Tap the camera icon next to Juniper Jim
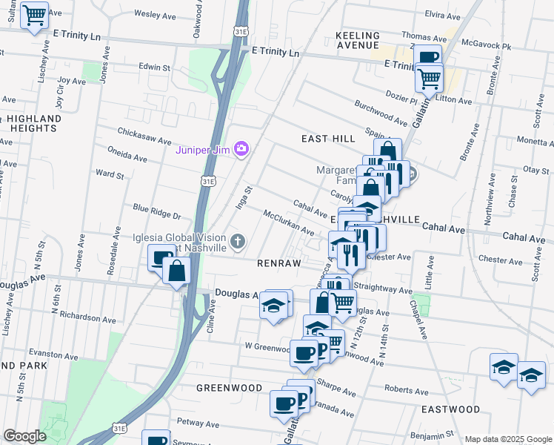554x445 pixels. click(241, 150)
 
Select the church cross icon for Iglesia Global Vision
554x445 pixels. click(238, 241)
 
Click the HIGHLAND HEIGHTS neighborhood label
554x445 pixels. click(34, 123)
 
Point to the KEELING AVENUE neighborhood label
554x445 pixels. click(358, 40)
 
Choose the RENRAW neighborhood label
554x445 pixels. click(278, 263)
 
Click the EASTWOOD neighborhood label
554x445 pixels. click(450, 409)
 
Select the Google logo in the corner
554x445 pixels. click(24, 436)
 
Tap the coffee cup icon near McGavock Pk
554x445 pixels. click(429, 57)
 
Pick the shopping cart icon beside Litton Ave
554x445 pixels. click(429, 76)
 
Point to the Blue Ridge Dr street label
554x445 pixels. click(156, 211)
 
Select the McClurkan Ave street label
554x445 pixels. click(289, 222)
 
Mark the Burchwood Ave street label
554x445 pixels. click(381, 113)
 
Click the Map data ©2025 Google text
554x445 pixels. click(507, 439)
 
